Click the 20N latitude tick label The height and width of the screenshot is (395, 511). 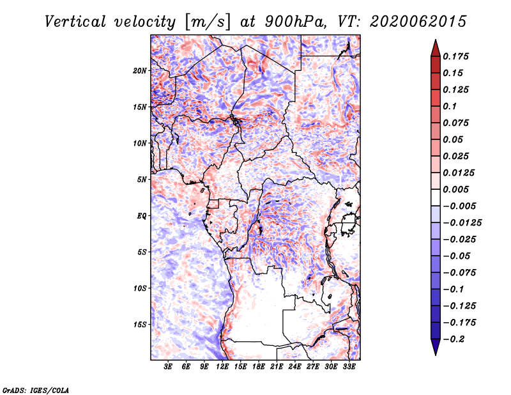coord(140,70)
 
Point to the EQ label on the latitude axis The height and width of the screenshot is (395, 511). coord(142,216)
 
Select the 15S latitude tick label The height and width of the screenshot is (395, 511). coord(140,325)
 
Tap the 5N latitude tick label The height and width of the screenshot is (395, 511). coord(142,180)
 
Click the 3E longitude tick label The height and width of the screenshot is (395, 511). coord(168,367)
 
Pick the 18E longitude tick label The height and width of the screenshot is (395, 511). coord(258,367)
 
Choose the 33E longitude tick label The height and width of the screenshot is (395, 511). coord(348,367)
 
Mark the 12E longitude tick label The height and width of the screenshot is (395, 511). coord(222,367)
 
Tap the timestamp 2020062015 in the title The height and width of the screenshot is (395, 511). coord(404,21)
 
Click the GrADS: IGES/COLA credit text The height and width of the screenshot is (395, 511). coord(36,389)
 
